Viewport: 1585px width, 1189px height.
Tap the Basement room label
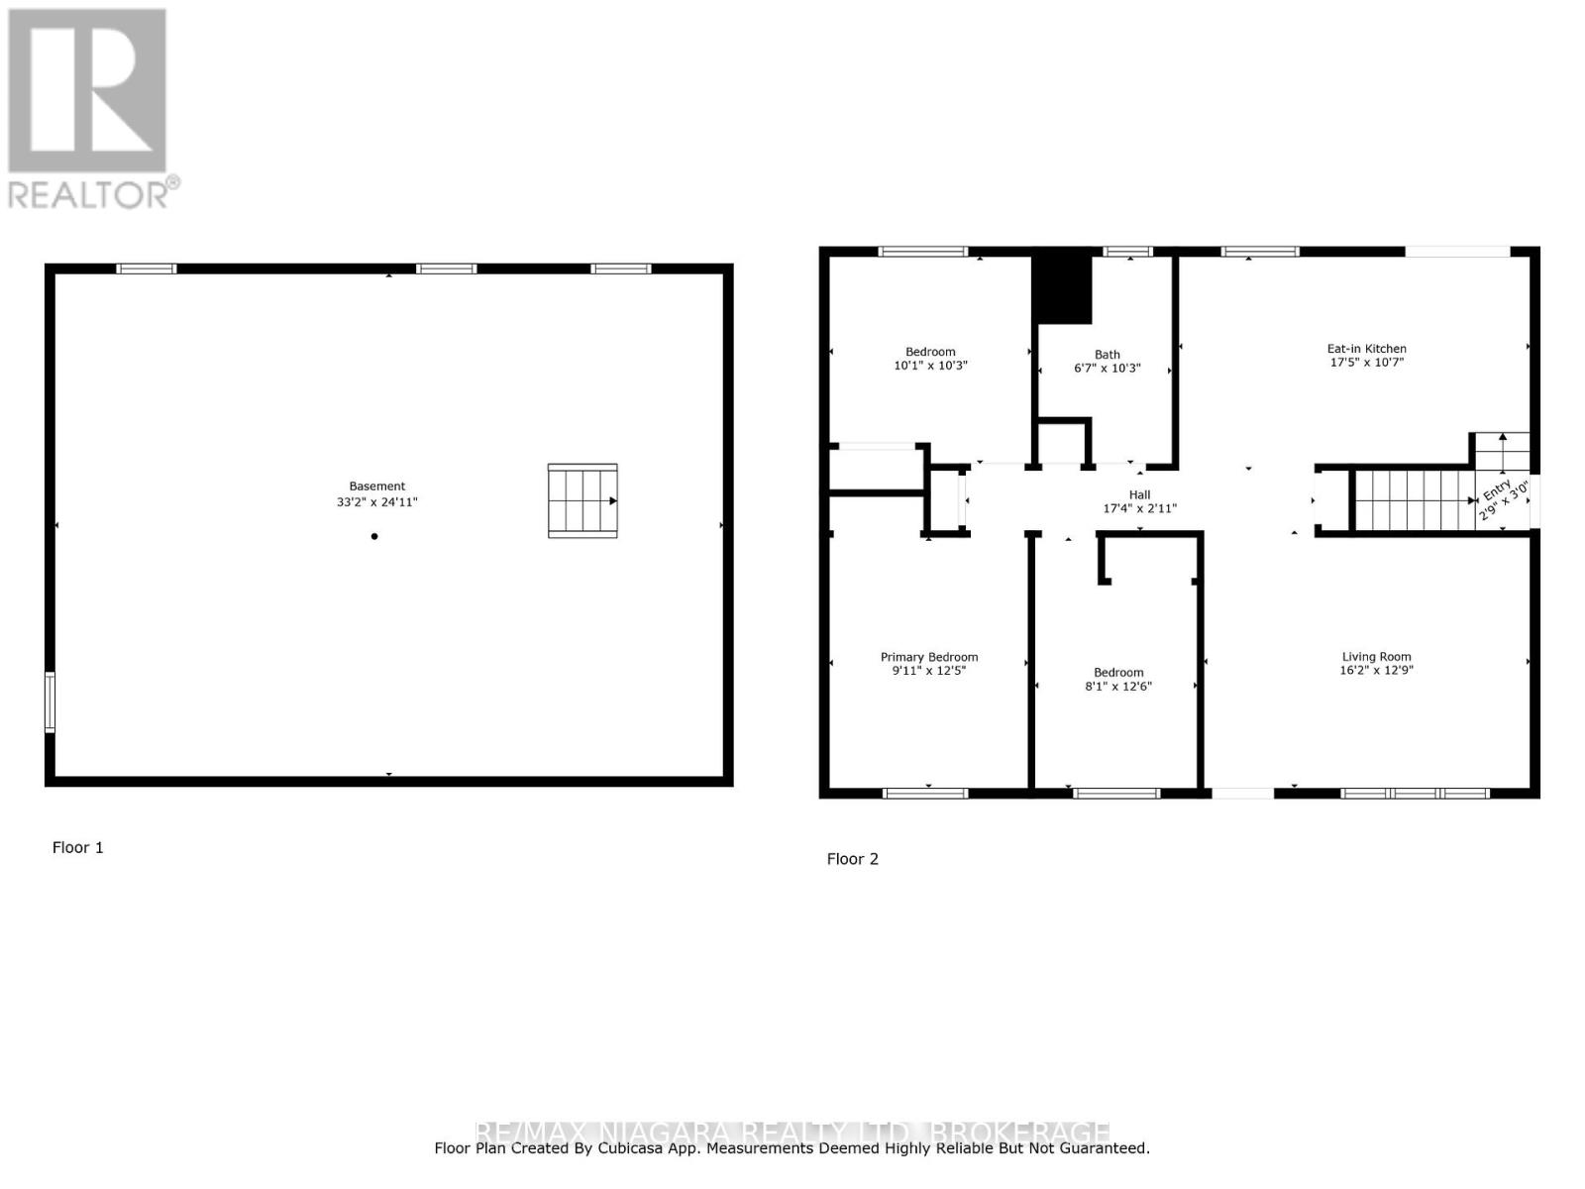(x=376, y=486)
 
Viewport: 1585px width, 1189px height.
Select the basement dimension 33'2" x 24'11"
(x=376, y=502)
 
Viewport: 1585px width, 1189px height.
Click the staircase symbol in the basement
(x=582, y=501)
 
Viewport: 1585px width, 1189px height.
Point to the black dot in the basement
(x=374, y=537)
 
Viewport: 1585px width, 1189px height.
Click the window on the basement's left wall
(x=51, y=703)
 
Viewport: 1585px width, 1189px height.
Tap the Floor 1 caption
(x=77, y=848)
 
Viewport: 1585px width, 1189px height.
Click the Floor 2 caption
(x=852, y=860)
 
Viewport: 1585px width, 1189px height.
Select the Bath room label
(x=1107, y=355)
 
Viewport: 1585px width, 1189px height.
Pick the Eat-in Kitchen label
(x=1366, y=349)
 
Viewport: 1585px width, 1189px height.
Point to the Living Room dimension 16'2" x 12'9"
(x=1376, y=671)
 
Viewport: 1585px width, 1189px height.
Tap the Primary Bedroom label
(x=928, y=657)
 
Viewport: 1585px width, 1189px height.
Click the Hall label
(x=1139, y=494)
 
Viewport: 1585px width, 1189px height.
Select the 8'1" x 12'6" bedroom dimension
(x=1118, y=687)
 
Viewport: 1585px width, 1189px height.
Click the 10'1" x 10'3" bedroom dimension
(x=930, y=366)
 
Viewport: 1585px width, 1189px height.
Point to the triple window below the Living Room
(x=1415, y=793)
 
